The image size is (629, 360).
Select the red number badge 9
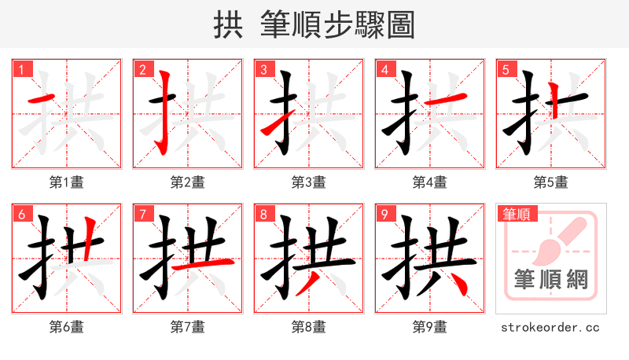(x=384, y=213)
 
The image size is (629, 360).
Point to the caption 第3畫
(x=308, y=182)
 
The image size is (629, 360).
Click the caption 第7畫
(x=187, y=326)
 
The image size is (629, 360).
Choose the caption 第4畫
(x=429, y=182)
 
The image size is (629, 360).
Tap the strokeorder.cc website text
(x=550, y=326)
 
